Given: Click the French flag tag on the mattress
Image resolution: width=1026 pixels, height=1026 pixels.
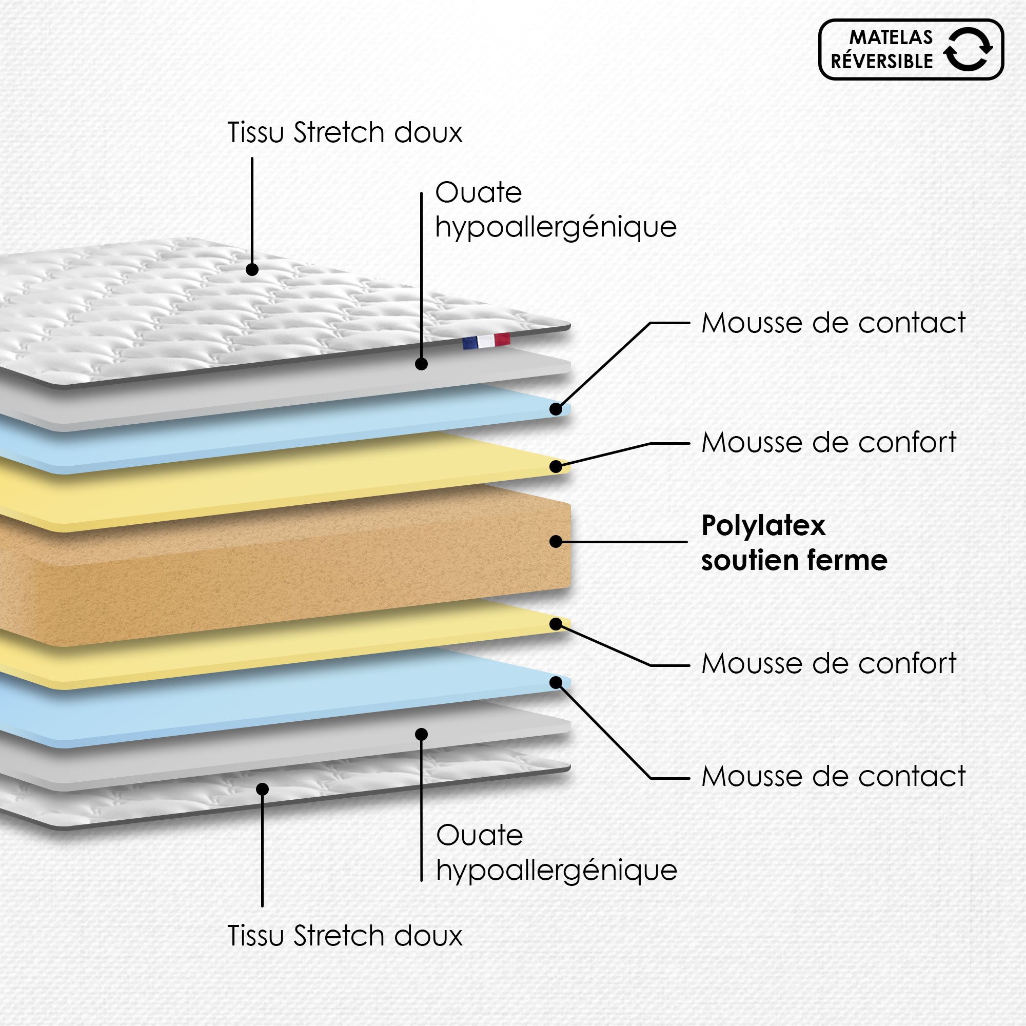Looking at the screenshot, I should (486, 341).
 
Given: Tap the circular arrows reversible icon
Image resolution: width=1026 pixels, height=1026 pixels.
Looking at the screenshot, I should (968, 49).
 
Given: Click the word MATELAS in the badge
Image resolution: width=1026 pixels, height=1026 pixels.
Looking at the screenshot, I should (891, 37).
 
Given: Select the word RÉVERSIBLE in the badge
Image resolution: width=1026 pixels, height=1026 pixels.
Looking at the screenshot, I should (881, 62).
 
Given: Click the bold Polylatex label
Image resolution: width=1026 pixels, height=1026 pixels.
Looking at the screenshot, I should (763, 526).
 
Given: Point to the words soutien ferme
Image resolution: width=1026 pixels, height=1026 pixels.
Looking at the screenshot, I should (794, 561).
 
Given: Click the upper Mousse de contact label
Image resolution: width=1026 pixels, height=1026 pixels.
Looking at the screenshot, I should (833, 323).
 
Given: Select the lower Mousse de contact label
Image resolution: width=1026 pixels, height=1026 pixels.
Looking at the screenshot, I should (833, 776).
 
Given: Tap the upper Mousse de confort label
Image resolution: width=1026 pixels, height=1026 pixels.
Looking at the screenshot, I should (828, 442).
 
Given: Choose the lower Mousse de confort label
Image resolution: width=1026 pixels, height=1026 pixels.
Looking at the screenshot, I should (828, 664).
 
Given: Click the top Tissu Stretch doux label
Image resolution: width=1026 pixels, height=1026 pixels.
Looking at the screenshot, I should (345, 132).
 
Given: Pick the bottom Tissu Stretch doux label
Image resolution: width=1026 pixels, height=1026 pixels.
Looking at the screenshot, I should (345, 936).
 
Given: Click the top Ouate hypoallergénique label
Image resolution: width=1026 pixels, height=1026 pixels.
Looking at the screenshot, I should (556, 210).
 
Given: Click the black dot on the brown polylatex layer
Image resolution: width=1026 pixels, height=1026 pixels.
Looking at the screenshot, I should (556, 541).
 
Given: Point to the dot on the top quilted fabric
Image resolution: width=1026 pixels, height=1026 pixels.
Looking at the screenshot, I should (252, 269).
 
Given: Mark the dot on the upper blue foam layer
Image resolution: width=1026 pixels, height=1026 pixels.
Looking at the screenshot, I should (556, 409).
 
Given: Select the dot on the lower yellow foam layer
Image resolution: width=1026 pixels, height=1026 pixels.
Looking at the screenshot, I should (556, 624).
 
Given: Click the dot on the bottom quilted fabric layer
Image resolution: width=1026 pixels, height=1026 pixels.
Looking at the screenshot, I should (262, 789).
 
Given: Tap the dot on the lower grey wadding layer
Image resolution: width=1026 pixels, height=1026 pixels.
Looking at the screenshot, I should (421, 735).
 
